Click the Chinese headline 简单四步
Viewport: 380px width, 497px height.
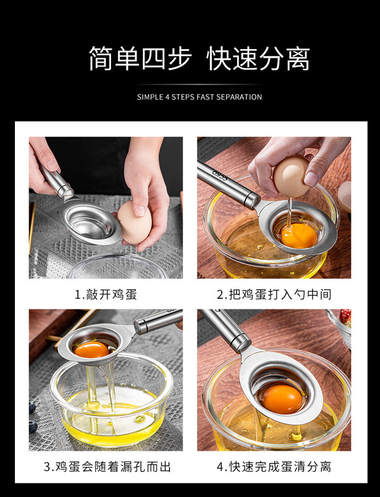tap(140, 58)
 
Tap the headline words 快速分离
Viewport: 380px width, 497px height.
tap(258, 58)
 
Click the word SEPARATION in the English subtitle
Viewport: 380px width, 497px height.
tap(239, 97)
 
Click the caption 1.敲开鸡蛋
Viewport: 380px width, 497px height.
tap(106, 294)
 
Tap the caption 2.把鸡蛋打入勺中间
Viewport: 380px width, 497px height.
tap(274, 294)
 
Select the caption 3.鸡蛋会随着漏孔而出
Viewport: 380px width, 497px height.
tap(107, 467)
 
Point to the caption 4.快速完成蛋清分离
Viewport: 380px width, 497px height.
tap(274, 467)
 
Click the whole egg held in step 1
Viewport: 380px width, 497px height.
tap(135, 222)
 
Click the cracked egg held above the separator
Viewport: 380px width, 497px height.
tap(291, 175)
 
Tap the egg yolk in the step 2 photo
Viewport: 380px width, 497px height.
tap(299, 236)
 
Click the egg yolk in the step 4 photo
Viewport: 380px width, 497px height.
tap(281, 399)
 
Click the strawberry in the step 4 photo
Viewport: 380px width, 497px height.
tap(345, 318)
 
